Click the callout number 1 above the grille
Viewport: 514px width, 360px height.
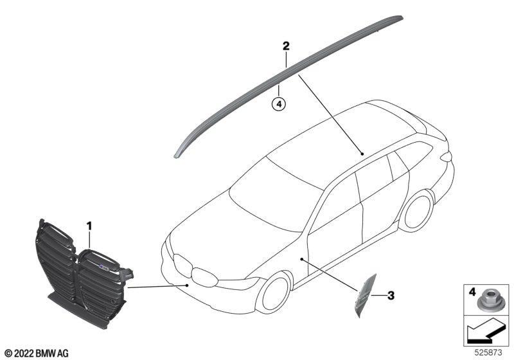[89, 226]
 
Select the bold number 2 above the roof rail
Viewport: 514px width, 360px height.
[286, 46]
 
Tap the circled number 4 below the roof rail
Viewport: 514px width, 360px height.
[279, 104]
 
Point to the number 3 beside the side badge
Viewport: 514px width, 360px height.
[391, 296]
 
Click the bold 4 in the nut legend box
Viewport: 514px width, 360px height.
[472, 291]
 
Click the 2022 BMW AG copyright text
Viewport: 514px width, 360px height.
[37, 354]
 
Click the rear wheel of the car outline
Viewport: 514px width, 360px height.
[416, 210]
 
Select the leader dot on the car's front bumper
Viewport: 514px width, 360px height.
[187, 285]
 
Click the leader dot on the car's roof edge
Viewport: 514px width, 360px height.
[362, 154]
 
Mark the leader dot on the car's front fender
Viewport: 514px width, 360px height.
[301, 259]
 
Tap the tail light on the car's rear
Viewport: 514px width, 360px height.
[447, 157]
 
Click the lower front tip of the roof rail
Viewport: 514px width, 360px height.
[176, 157]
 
